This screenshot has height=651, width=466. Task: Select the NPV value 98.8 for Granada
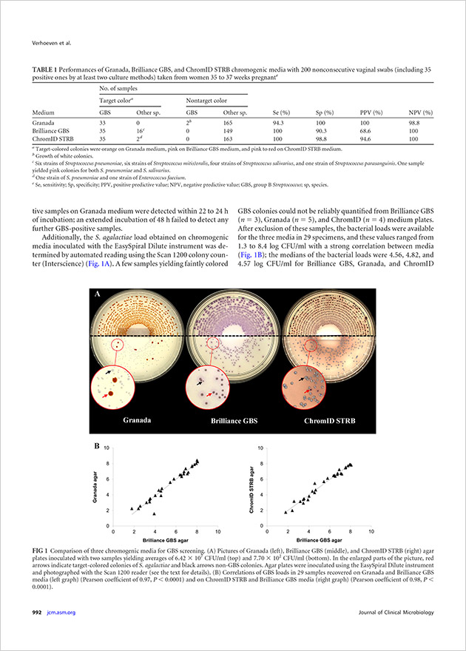[415, 121]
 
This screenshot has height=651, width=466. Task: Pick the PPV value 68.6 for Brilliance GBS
[374, 129]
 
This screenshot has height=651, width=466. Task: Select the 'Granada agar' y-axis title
[95, 488]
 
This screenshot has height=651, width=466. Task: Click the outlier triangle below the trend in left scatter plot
[155, 513]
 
